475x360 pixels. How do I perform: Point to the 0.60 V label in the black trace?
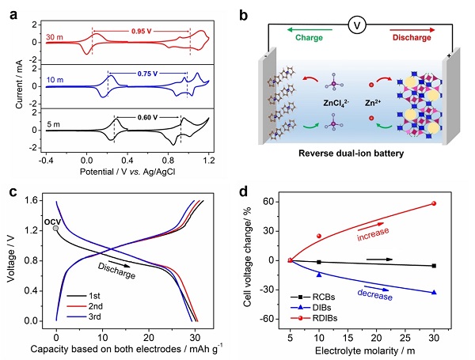pyautogui.click(x=147, y=116)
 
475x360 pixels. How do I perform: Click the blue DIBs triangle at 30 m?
pyautogui.click(x=434, y=292)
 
